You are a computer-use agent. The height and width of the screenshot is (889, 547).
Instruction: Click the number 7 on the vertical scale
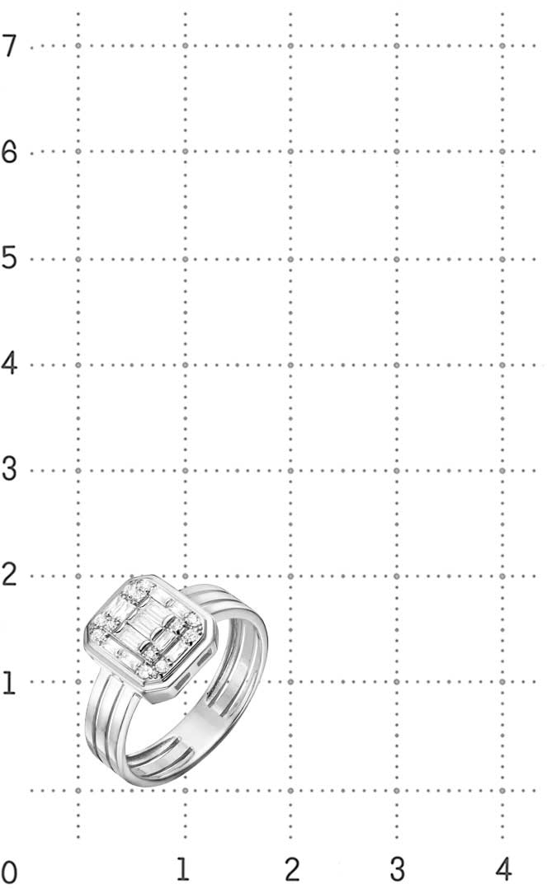[x=8, y=45]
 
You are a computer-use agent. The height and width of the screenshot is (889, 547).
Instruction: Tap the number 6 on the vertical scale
[x=8, y=152]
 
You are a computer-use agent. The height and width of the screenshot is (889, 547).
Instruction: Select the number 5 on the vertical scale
[x=8, y=259]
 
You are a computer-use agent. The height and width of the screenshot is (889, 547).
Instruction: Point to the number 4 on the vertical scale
[x=8, y=364]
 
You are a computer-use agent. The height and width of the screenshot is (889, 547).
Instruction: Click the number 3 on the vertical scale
[x=8, y=469]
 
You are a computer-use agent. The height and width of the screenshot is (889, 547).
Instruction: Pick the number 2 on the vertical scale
[x=8, y=576]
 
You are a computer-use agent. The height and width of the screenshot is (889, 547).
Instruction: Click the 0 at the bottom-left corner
[x=8, y=873]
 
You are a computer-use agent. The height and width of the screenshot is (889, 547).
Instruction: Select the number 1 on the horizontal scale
[x=182, y=869]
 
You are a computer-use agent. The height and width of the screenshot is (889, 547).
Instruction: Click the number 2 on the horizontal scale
[x=291, y=869]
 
